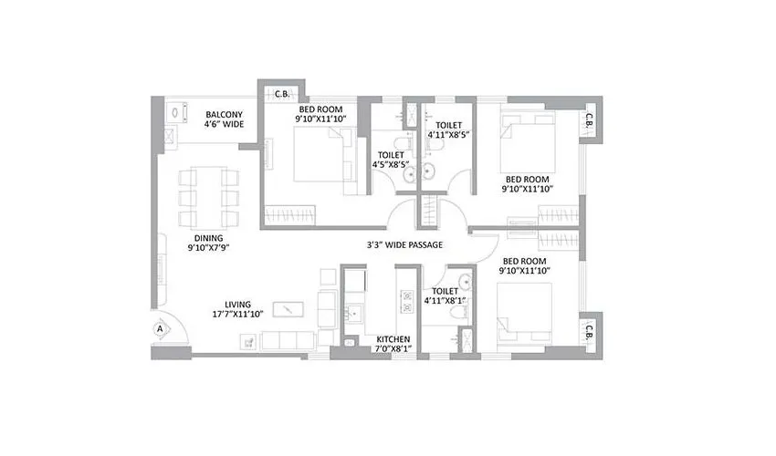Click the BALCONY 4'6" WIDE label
(x=224, y=118)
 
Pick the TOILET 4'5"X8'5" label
(x=393, y=161)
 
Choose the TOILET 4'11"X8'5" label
(x=448, y=130)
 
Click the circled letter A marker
(x=161, y=327)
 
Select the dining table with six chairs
(x=206, y=196)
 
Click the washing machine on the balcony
(x=175, y=113)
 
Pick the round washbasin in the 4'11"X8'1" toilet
(x=463, y=281)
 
